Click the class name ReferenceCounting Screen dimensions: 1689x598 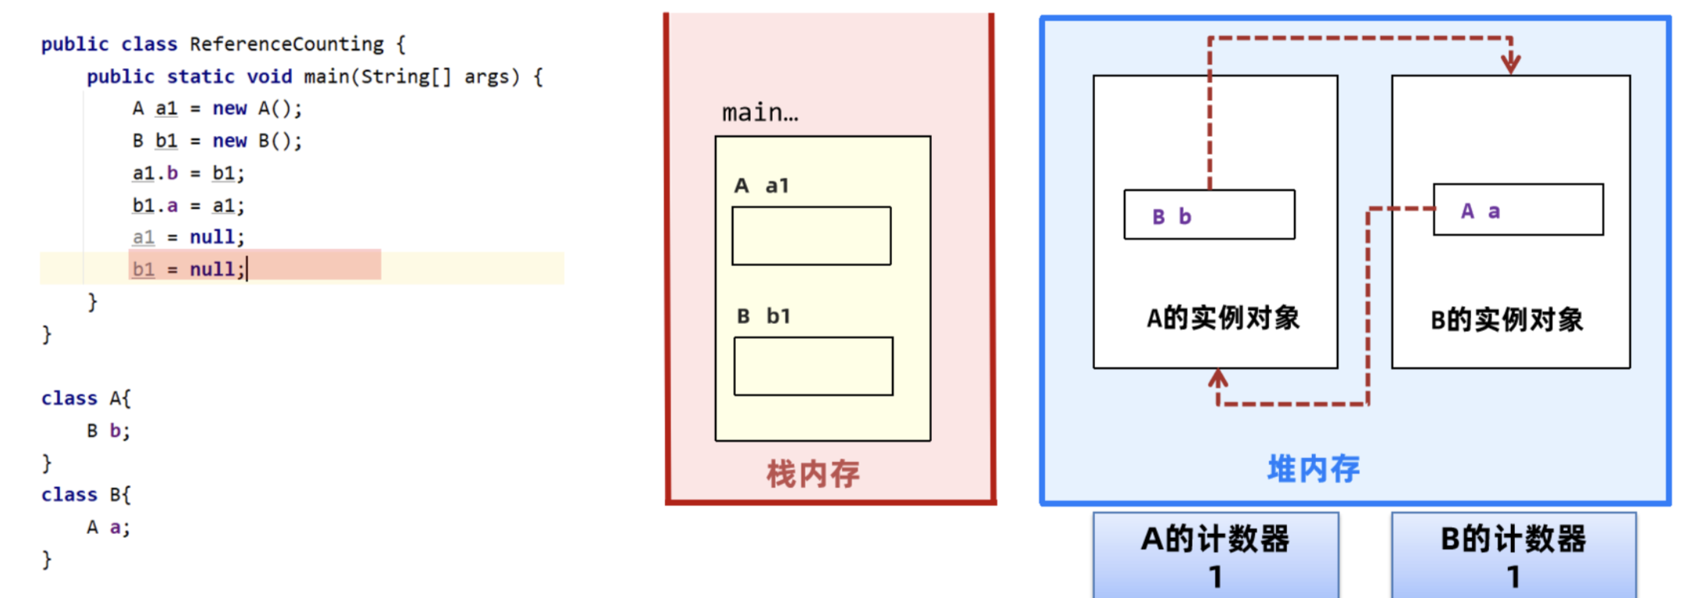(x=286, y=44)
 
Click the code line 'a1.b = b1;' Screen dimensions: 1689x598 (x=188, y=173)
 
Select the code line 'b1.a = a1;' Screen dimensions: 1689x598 (x=188, y=206)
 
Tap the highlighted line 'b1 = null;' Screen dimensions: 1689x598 (x=188, y=269)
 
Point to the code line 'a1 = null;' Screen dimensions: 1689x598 (x=188, y=237)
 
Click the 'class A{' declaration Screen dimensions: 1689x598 (x=86, y=399)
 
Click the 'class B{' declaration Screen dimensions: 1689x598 (x=86, y=495)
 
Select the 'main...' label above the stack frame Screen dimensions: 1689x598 (x=759, y=114)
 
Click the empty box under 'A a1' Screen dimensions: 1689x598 (x=811, y=236)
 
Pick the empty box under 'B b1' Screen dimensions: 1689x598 (x=813, y=366)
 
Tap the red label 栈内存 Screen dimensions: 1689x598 (x=812, y=474)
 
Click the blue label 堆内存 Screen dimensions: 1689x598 (x=1313, y=469)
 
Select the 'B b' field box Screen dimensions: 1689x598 (x=1209, y=215)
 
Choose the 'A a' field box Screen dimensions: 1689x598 (x=1518, y=210)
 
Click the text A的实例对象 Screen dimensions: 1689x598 (x=1222, y=319)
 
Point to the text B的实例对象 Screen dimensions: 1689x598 (x=1506, y=320)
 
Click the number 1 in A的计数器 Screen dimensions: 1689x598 (x=1215, y=578)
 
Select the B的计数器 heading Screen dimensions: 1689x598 (x=1513, y=539)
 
